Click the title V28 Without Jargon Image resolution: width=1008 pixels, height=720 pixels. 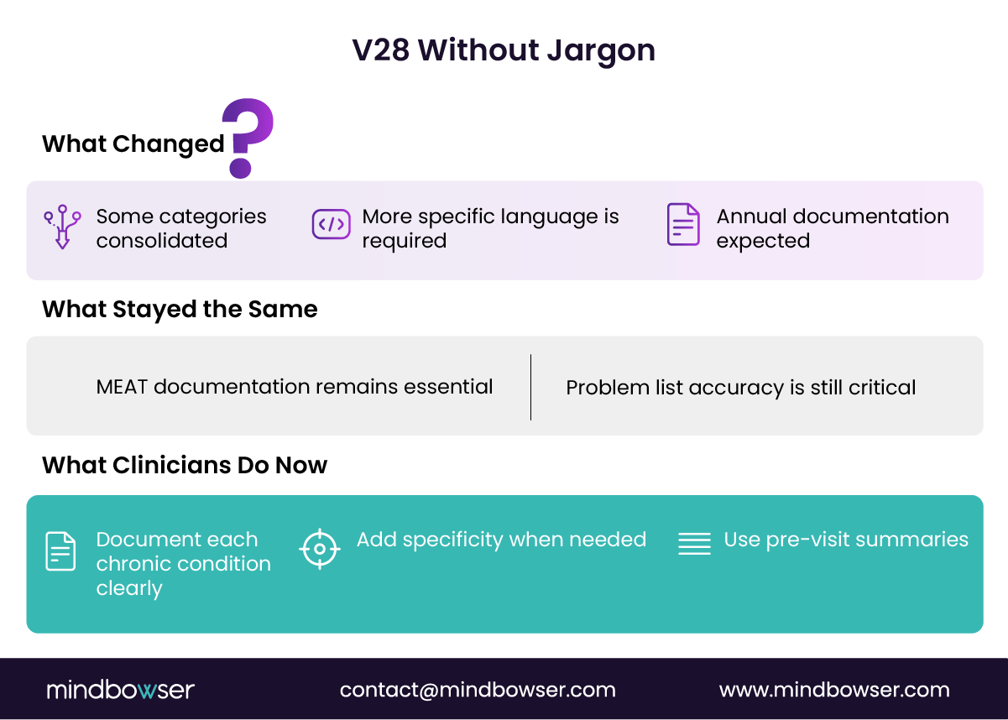click(x=504, y=50)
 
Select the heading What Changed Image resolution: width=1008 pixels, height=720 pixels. click(x=133, y=143)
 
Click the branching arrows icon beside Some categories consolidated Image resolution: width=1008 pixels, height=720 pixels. click(x=62, y=227)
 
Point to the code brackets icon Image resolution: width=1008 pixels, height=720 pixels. click(x=331, y=225)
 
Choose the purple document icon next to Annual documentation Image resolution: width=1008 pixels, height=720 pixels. click(x=683, y=225)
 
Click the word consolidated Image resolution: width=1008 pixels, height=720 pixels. click(x=162, y=241)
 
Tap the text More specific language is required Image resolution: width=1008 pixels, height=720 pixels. click(x=490, y=228)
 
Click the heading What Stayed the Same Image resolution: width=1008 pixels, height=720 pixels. click(x=180, y=309)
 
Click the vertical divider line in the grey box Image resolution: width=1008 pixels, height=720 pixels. click(x=530, y=387)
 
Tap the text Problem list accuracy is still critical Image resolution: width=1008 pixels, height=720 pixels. click(x=740, y=388)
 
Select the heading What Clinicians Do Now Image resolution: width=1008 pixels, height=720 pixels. click(x=185, y=465)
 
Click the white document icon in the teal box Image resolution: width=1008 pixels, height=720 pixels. click(x=60, y=551)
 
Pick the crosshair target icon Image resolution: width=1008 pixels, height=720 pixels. click(x=320, y=550)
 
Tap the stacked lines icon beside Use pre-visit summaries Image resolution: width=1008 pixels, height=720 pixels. click(x=694, y=544)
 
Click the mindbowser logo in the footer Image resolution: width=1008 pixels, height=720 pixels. click(x=120, y=690)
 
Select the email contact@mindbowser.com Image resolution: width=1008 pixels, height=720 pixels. click(x=478, y=690)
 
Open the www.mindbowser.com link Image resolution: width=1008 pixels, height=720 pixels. click(x=834, y=690)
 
